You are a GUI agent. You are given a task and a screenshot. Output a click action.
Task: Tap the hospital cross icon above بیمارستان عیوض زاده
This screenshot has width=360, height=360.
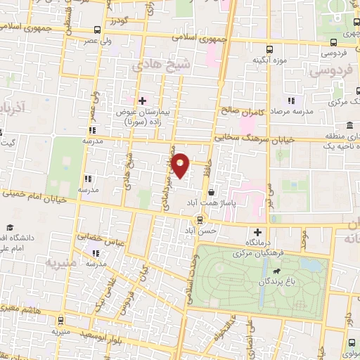point(142,100)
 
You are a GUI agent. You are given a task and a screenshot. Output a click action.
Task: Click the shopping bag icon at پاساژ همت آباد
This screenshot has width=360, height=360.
point(212,191)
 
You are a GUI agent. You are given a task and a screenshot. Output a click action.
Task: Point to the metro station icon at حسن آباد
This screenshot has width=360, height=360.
point(200,219)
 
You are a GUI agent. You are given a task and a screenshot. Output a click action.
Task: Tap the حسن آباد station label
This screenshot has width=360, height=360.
point(200,230)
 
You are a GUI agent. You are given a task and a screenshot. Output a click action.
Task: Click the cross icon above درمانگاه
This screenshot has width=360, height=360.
point(257,232)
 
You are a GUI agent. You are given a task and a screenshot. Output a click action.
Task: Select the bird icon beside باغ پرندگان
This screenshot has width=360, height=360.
point(280,271)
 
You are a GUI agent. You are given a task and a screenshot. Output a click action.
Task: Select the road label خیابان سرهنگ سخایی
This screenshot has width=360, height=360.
point(238,140)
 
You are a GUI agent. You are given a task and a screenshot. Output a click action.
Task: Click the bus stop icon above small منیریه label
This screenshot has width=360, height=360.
point(60,319)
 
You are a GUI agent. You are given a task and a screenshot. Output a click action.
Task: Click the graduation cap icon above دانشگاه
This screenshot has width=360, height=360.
point(11,227)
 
